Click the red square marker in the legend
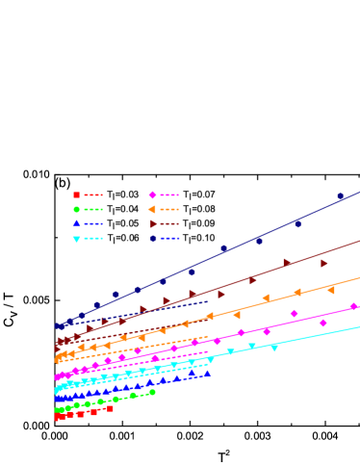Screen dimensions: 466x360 [x=76, y=194]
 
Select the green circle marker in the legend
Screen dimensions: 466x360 [x=76, y=209]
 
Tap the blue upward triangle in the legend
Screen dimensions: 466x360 [x=76, y=223]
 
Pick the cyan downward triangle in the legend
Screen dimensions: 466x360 [x=76, y=239]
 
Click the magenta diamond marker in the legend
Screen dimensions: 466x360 [x=153, y=194]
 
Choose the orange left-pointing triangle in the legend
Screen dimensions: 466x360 [x=153, y=209]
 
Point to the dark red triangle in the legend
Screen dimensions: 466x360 [x=153, y=223]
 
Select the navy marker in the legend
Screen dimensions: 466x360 [x=153, y=238]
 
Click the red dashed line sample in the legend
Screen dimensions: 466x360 [x=93, y=194]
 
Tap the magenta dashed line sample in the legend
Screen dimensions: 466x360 [x=169, y=194]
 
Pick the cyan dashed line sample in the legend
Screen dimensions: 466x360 [x=93, y=238]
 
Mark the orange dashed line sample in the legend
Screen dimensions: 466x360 [x=169, y=209]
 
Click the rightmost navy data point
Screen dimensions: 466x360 [x=340, y=196]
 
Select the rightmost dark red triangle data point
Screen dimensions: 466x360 [x=324, y=263]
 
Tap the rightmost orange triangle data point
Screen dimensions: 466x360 [x=331, y=290]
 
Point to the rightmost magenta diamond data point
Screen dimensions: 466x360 [x=353, y=306]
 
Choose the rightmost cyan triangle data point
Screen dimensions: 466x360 [x=274, y=347]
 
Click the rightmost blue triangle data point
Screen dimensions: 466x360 [x=207, y=374]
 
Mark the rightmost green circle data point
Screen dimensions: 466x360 [x=152, y=392]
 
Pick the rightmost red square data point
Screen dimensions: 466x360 [x=110, y=408]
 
